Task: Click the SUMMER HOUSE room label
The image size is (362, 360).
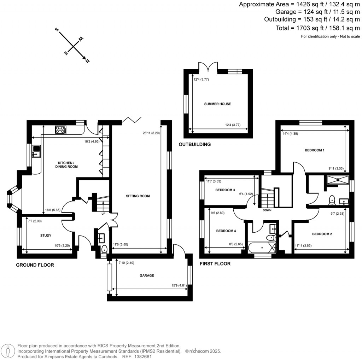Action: [x=217, y=104]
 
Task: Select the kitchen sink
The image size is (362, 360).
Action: [x=36, y=151]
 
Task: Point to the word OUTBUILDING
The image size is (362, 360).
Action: [x=194, y=144]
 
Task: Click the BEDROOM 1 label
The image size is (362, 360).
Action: [x=314, y=150]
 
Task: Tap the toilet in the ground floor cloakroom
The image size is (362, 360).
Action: [x=104, y=250]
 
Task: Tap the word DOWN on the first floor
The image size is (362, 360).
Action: [x=268, y=210]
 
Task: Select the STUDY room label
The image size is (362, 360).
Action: [x=46, y=236]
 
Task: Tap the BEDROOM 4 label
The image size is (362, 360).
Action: [x=226, y=231]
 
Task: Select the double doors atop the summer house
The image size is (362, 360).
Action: [x=208, y=67]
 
